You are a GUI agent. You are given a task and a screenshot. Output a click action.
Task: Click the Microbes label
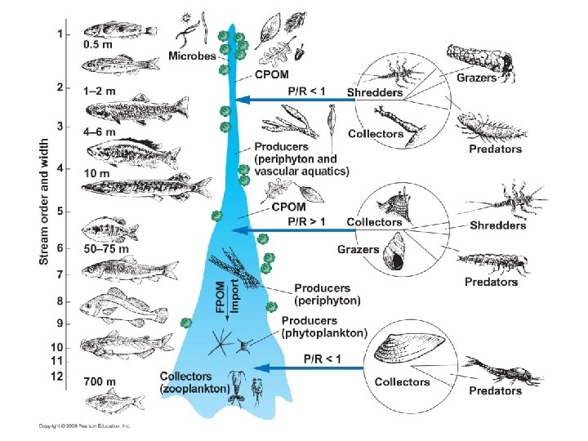tap(192, 56)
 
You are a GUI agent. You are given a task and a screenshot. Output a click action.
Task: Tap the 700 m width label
tap(100, 381)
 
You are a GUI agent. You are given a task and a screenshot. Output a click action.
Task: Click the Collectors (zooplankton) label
tap(194, 383)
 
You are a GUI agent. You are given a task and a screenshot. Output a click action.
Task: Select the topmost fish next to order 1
tap(119, 29)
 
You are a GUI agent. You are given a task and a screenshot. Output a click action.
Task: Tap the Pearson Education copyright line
tap(85, 425)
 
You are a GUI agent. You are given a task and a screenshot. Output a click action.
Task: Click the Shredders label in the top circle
tap(375, 93)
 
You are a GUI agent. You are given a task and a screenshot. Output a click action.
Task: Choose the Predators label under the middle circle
tap(491, 282)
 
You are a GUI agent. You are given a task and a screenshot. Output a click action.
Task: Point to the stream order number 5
tap(59, 212)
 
